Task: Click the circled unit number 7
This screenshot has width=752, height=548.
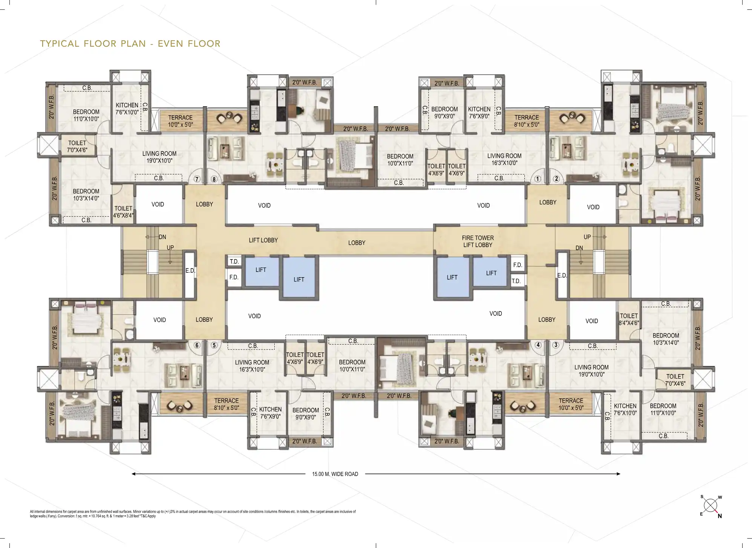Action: (197, 179)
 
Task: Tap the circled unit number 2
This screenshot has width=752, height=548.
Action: (556, 179)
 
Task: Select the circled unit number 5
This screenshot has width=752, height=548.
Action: (214, 345)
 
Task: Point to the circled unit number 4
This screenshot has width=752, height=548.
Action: (538, 345)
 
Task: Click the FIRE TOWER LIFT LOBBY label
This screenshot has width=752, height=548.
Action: (478, 241)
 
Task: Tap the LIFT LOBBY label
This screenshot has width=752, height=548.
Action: (263, 240)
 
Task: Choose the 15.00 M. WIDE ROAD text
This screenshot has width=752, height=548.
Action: (335, 474)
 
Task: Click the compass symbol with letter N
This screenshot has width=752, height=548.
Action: (711, 506)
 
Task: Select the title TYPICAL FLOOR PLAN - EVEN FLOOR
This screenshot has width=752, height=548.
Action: (130, 44)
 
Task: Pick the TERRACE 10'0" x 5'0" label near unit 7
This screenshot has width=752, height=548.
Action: (181, 121)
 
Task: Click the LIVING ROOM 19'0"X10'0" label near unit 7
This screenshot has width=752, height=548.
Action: (159, 157)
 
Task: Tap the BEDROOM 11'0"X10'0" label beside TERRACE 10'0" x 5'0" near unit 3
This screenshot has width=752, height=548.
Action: (663, 409)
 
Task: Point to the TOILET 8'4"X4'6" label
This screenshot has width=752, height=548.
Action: (629, 319)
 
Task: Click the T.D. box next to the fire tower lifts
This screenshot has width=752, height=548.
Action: (516, 281)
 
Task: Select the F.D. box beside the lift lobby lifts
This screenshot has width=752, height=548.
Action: (234, 277)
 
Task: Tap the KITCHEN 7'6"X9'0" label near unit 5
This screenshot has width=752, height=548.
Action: (270, 413)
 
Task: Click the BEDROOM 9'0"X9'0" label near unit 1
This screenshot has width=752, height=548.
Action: (444, 113)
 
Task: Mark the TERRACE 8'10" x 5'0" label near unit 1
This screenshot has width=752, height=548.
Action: (527, 121)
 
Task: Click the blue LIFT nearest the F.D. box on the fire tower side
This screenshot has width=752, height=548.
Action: (490, 273)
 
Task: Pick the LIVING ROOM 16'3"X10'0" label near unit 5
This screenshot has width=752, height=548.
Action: (252, 366)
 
